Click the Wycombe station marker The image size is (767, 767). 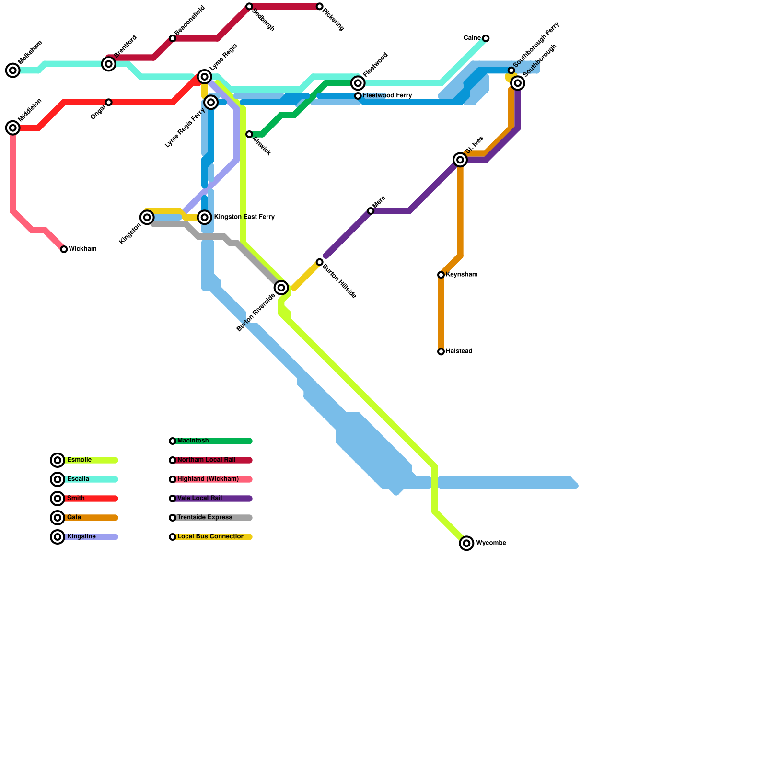click(x=466, y=543)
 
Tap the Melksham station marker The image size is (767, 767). click(x=13, y=70)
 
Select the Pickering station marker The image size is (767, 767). click(x=320, y=7)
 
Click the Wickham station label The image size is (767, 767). click(x=82, y=249)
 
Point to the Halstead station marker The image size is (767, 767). click(x=441, y=352)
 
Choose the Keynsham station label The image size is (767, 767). click(x=461, y=275)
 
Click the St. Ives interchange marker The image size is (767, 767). click(x=460, y=160)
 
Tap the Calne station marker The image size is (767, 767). click(x=486, y=38)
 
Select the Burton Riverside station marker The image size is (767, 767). click(x=281, y=288)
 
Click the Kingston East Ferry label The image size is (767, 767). click(x=244, y=217)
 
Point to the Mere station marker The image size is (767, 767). click(x=371, y=211)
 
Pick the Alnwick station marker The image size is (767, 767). click(x=249, y=134)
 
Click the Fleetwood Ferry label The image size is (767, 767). click(x=387, y=96)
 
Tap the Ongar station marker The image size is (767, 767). click(x=109, y=103)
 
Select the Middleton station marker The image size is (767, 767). click(x=13, y=128)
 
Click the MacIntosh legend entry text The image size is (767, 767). click(x=193, y=441)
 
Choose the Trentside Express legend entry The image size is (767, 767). click(x=205, y=518)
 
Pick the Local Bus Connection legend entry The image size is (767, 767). click(x=211, y=537)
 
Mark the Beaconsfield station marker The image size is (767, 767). click(x=173, y=38)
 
